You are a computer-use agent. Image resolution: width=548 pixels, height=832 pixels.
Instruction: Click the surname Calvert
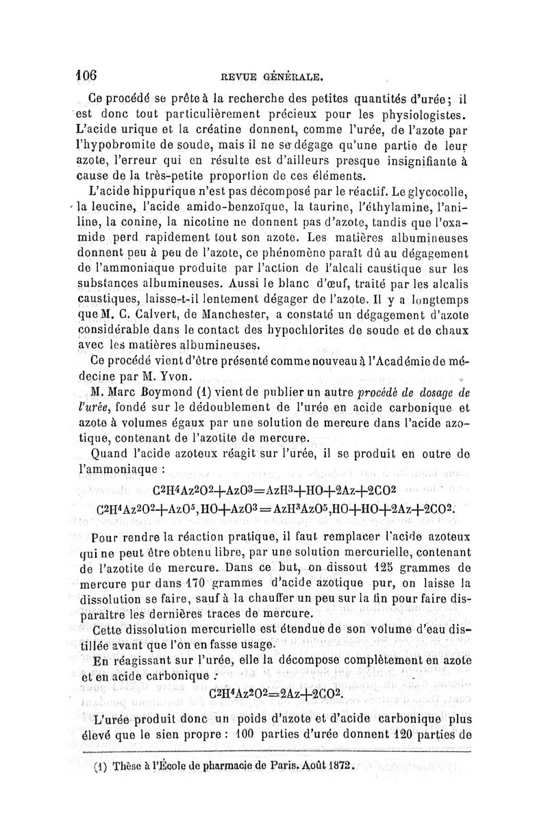pos(158,316)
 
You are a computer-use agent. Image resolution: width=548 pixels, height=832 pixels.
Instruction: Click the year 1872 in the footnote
pos(338,767)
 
